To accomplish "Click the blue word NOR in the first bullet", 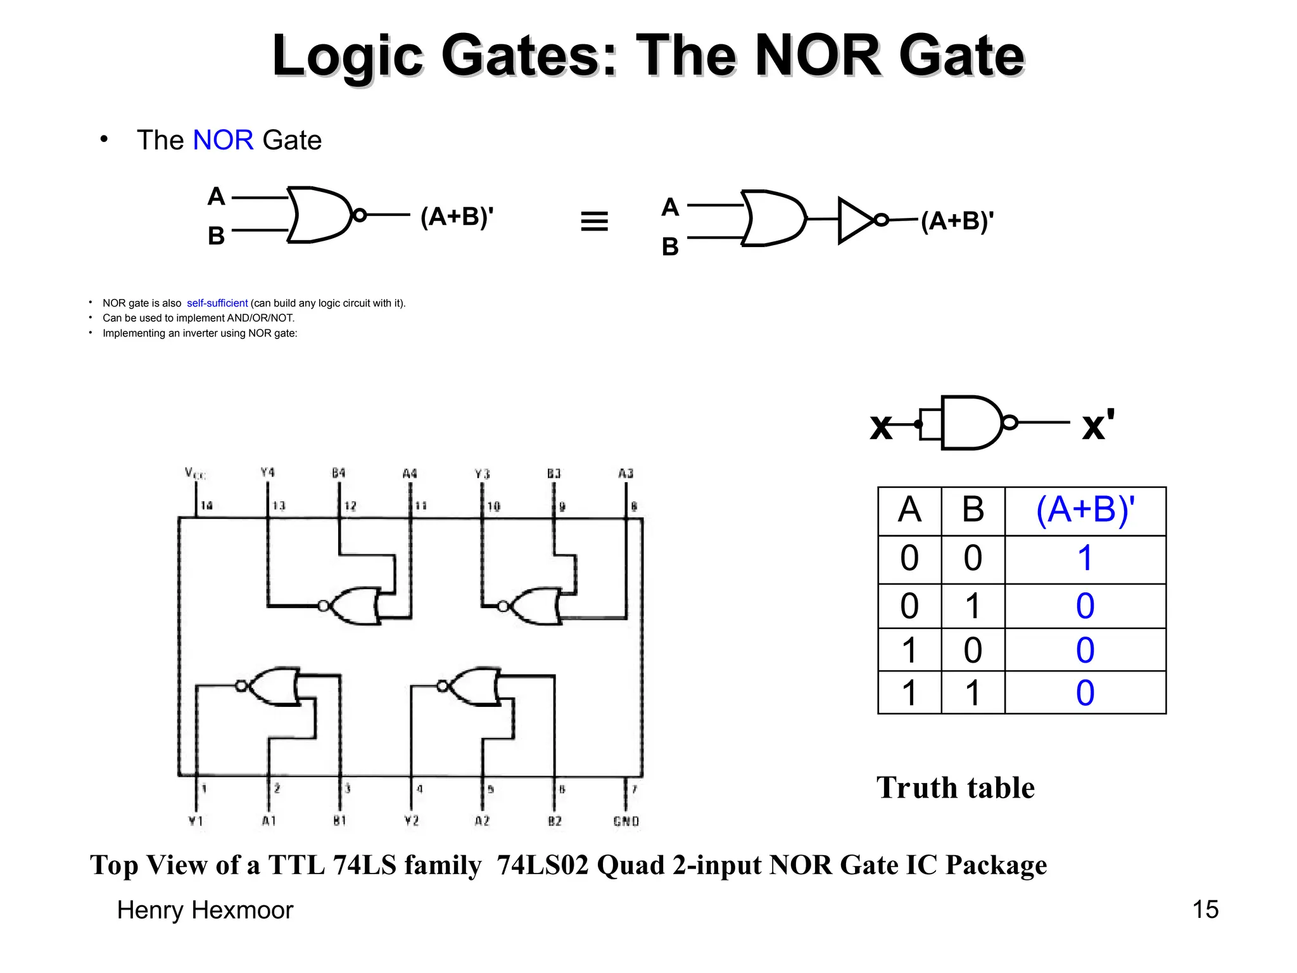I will [x=223, y=140].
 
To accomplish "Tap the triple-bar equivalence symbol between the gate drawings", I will [x=594, y=221].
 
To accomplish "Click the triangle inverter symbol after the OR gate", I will [x=856, y=220].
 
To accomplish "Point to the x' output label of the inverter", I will [x=1098, y=424].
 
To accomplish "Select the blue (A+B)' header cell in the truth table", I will [x=1085, y=510].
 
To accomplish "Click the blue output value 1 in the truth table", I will [x=1085, y=559].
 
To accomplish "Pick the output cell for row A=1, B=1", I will [x=1085, y=693].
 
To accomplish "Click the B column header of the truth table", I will [x=973, y=510].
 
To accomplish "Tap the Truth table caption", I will [x=955, y=788].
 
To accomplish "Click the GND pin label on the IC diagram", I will [x=626, y=822].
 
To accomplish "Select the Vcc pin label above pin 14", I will [x=195, y=473].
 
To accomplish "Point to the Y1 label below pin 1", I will [x=196, y=821].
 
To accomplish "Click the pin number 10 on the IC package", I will [x=493, y=506].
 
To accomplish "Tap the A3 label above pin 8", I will [x=626, y=473].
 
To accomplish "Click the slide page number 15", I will [x=1205, y=910].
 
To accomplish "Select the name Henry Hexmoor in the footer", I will [x=205, y=910].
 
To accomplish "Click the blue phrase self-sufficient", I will [x=217, y=303].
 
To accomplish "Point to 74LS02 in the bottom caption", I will [x=543, y=865].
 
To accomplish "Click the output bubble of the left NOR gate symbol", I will [x=359, y=215].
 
